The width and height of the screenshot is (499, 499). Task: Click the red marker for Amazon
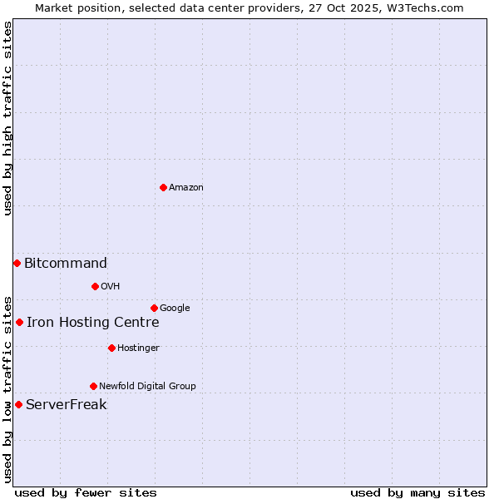pyautogui.click(x=163, y=187)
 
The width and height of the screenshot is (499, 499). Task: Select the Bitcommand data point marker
pyautogui.click(x=17, y=263)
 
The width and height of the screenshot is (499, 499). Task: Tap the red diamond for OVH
pyautogui.click(x=95, y=286)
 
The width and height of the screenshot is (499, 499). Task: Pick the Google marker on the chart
pyautogui.click(x=154, y=308)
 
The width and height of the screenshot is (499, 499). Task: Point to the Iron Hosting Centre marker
pyautogui.click(x=19, y=322)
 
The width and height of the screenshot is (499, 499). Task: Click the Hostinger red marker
pyautogui.click(x=111, y=348)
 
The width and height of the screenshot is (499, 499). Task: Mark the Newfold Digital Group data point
pyautogui.click(x=93, y=386)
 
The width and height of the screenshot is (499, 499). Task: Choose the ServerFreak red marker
pyautogui.click(x=18, y=404)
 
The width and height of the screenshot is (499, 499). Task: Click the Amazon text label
pyautogui.click(x=186, y=188)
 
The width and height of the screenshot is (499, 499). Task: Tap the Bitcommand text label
pyautogui.click(x=66, y=264)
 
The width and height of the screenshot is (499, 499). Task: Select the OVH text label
pyautogui.click(x=111, y=287)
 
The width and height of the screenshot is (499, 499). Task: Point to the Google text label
pyautogui.click(x=175, y=309)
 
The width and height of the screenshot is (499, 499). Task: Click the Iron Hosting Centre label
pyautogui.click(x=93, y=323)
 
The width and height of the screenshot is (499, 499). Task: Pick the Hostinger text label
pyautogui.click(x=138, y=348)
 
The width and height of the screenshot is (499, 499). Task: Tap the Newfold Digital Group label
pyautogui.click(x=147, y=387)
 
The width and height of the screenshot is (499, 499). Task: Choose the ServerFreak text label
pyautogui.click(x=67, y=405)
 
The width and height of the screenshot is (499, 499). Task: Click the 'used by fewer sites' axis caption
pyautogui.click(x=86, y=492)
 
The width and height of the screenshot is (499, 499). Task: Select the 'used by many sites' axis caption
pyautogui.click(x=417, y=492)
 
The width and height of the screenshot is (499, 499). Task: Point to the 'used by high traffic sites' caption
pyautogui.click(x=7, y=118)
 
